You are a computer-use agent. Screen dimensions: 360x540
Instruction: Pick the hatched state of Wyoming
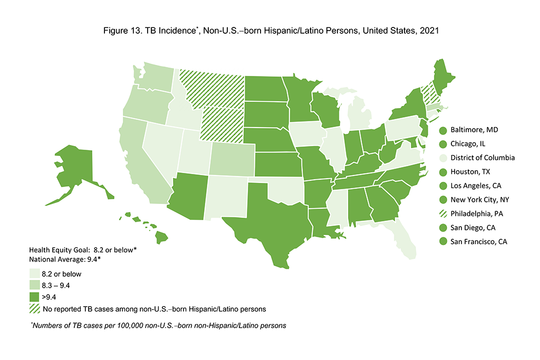[222, 124]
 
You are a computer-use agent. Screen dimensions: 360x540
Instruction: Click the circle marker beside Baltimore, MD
[443, 130]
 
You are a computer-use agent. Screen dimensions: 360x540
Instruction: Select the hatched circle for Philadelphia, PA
[443, 214]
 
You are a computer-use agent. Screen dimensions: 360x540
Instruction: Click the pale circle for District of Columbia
[443, 158]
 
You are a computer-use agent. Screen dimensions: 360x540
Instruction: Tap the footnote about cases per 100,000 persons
[158, 326]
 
